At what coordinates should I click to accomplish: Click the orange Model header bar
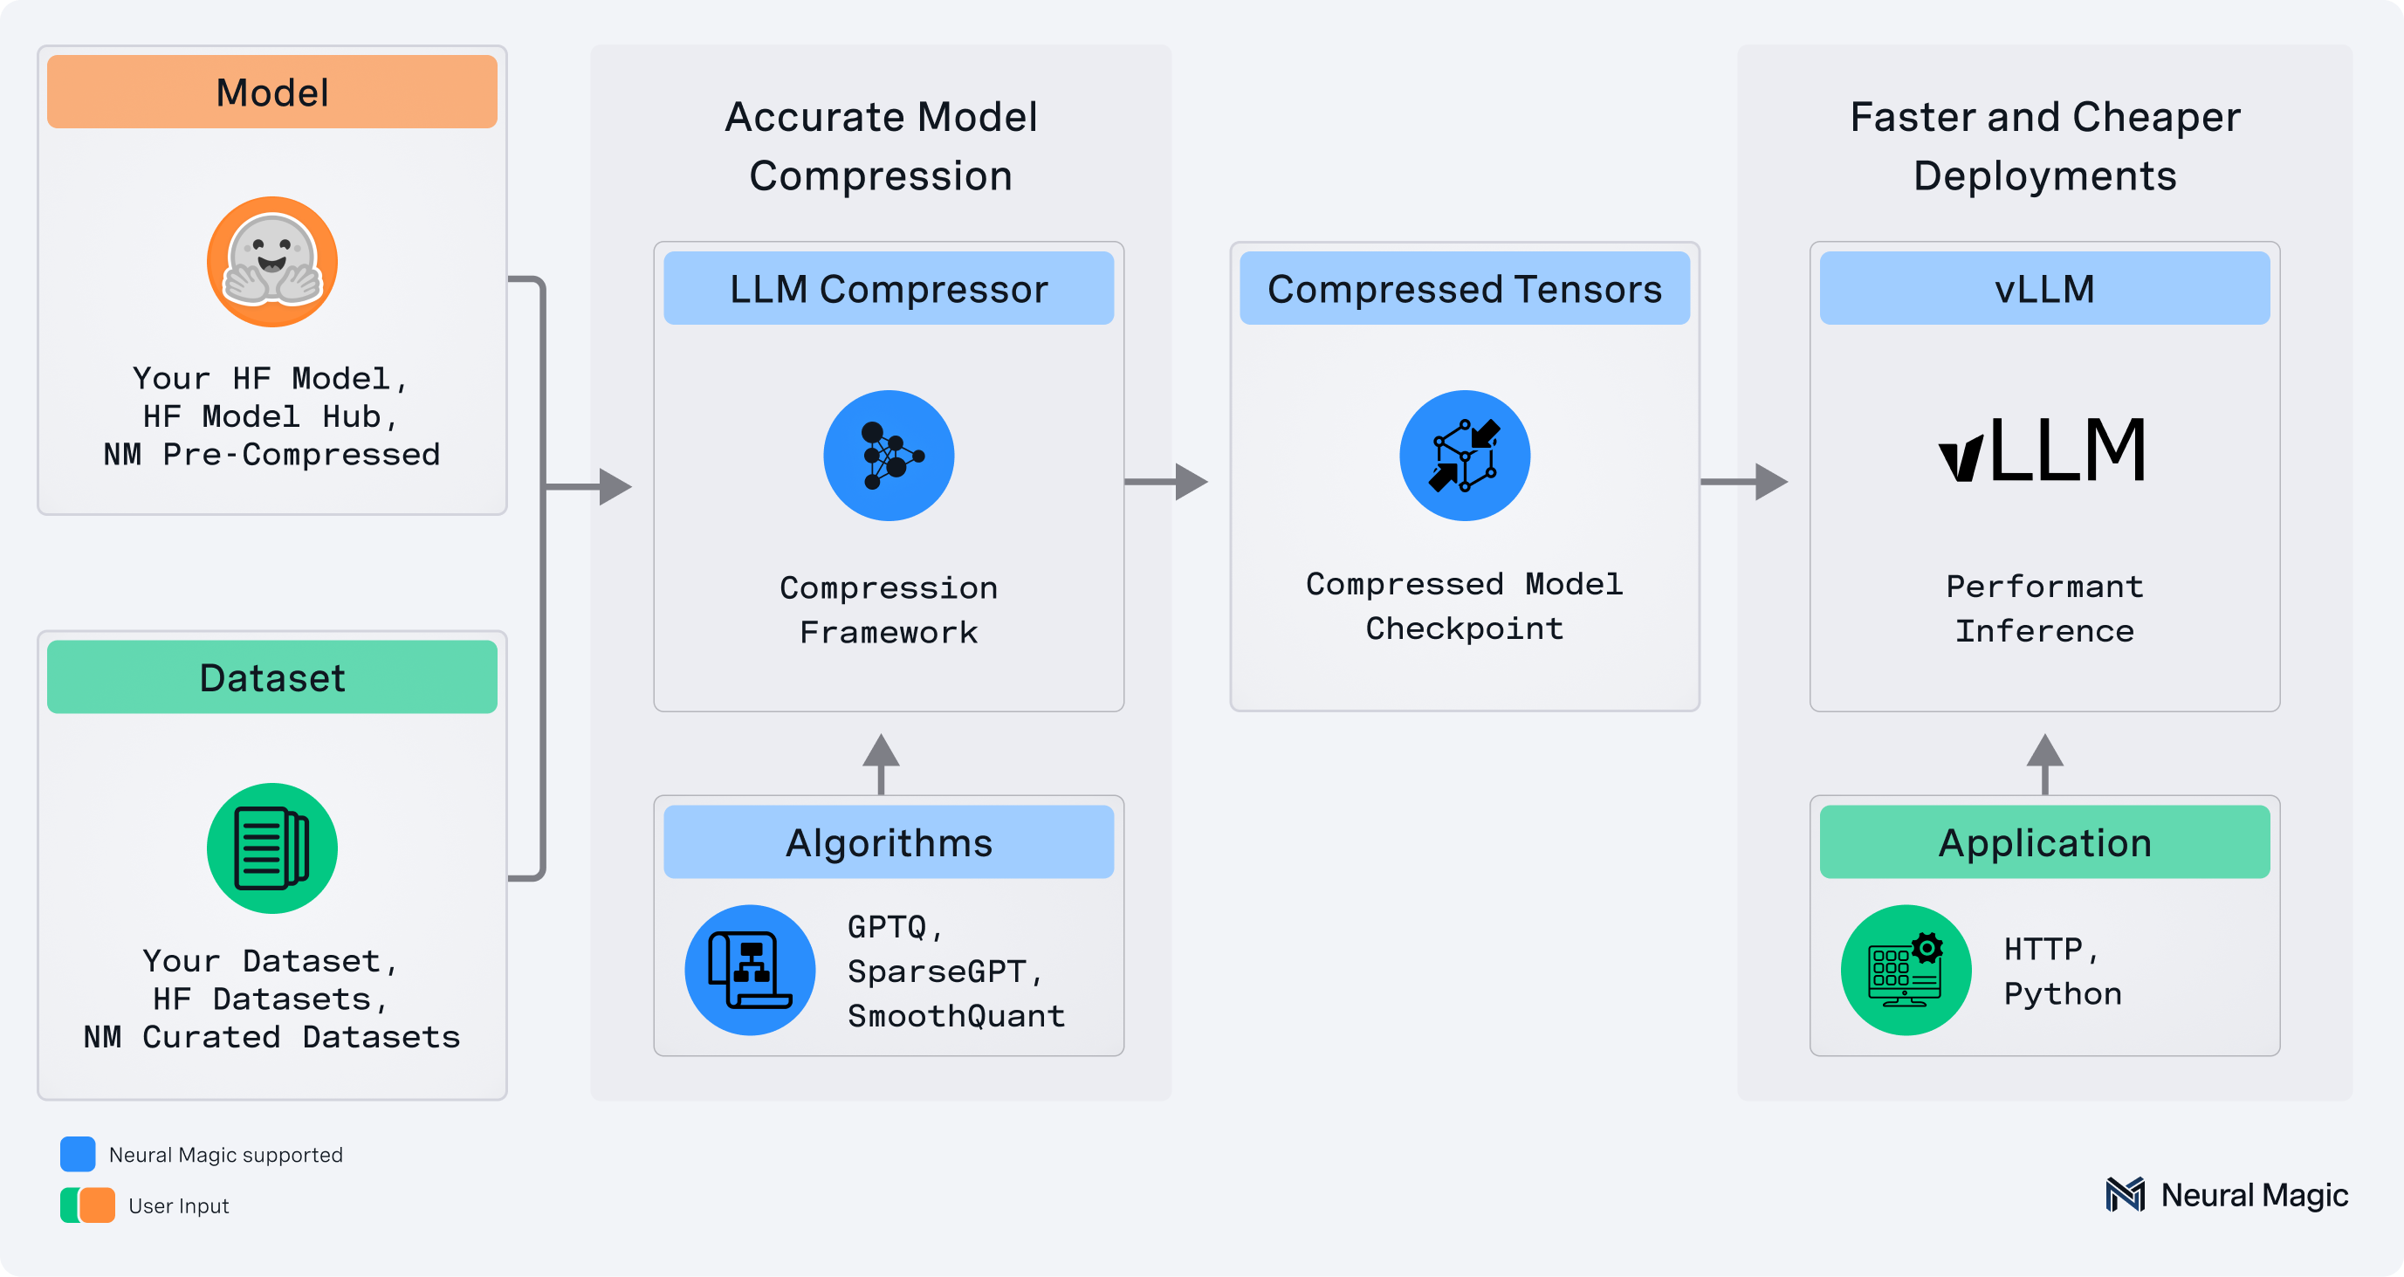[x=271, y=92]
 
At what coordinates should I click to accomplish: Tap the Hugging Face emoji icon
[x=271, y=261]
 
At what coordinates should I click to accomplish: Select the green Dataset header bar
[x=271, y=676]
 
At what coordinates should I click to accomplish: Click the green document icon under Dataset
[x=271, y=848]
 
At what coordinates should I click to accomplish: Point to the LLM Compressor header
[x=889, y=288]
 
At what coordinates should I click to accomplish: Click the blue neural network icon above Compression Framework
[x=889, y=456]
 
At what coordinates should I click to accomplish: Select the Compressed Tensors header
[x=1464, y=288]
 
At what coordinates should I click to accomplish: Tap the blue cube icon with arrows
[x=1464, y=456]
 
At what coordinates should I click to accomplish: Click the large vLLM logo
[x=2043, y=450]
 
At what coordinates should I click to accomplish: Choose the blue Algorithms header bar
[x=889, y=842]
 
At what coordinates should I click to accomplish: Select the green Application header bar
[x=2043, y=842]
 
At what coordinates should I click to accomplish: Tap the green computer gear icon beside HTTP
[x=1906, y=970]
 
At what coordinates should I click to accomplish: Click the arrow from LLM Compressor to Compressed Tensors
[x=1166, y=482]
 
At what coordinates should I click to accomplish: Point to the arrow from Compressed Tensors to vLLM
[x=1743, y=482]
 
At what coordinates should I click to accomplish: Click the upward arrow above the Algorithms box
[x=881, y=762]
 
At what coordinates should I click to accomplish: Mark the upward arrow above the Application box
[x=2044, y=762]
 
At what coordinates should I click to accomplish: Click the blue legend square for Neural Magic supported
[x=78, y=1154]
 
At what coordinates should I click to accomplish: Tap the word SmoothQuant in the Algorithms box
[x=956, y=1016]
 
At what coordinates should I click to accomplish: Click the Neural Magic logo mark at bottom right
[x=2125, y=1195]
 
